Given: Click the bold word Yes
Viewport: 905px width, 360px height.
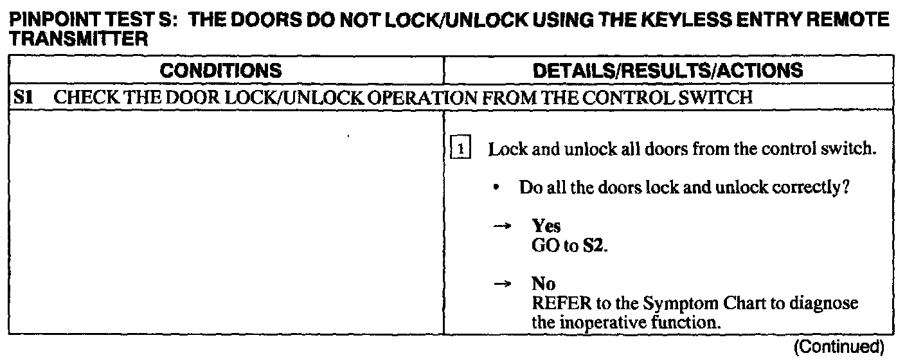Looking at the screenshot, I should [x=546, y=226].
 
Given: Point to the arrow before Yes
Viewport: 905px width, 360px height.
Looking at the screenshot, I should [x=506, y=226].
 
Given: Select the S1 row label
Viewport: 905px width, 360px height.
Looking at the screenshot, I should [x=24, y=99].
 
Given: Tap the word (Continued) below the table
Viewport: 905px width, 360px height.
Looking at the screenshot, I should [x=839, y=348].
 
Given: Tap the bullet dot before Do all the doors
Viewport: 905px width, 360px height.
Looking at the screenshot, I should [x=497, y=189].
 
